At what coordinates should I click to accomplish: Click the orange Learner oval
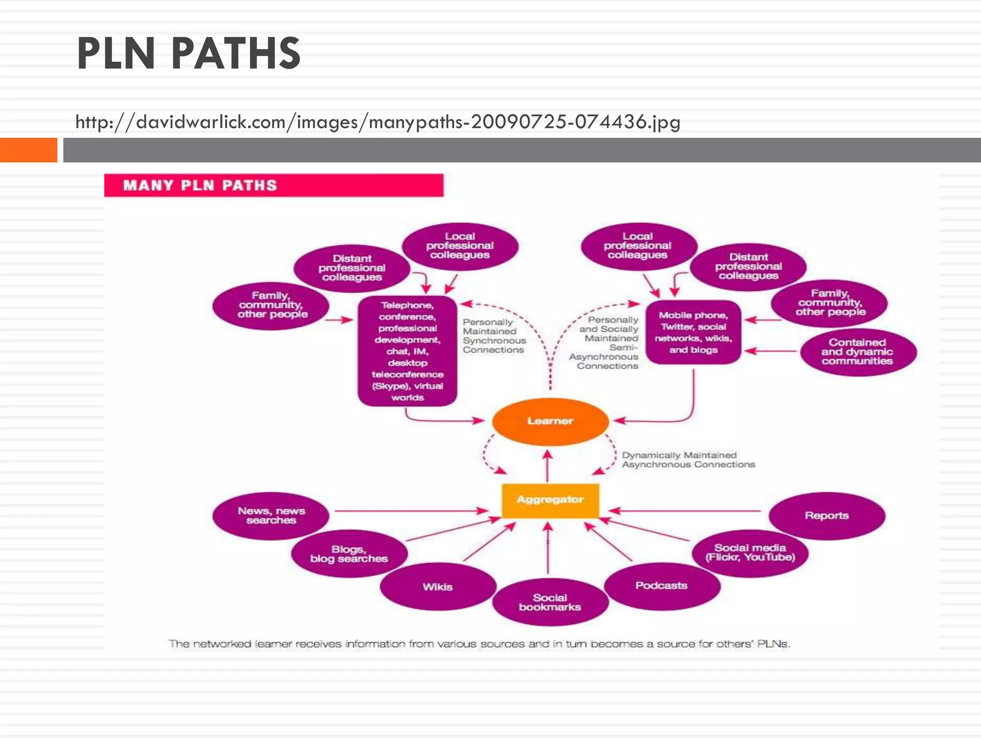[x=550, y=421]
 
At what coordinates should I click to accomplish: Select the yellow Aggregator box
[x=550, y=500]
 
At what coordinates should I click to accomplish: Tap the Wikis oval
[x=438, y=587]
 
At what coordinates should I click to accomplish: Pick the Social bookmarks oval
[x=550, y=602]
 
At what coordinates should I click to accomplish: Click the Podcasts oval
[x=662, y=586]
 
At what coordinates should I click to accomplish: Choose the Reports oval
[x=826, y=515]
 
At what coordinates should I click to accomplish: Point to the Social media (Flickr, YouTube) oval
[x=750, y=553]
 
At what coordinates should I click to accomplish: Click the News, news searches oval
[x=271, y=515]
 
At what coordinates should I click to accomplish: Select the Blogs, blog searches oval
[x=349, y=554]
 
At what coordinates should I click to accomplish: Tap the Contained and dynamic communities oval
[x=857, y=352]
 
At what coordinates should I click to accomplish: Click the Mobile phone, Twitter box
[x=693, y=332]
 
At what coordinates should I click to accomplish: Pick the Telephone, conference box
[x=408, y=351]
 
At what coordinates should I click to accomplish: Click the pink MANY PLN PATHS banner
[x=274, y=185]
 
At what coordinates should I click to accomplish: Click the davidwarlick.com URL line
[x=377, y=122]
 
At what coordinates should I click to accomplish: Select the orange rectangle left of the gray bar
[x=28, y=150]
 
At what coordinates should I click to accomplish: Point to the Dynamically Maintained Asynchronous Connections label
[x=688, y=460]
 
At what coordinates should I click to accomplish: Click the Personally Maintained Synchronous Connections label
[x=493, y=336]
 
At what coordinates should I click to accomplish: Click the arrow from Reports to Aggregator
[x=685, y=511]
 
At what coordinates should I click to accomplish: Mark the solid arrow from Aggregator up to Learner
[x=548, y=467]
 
